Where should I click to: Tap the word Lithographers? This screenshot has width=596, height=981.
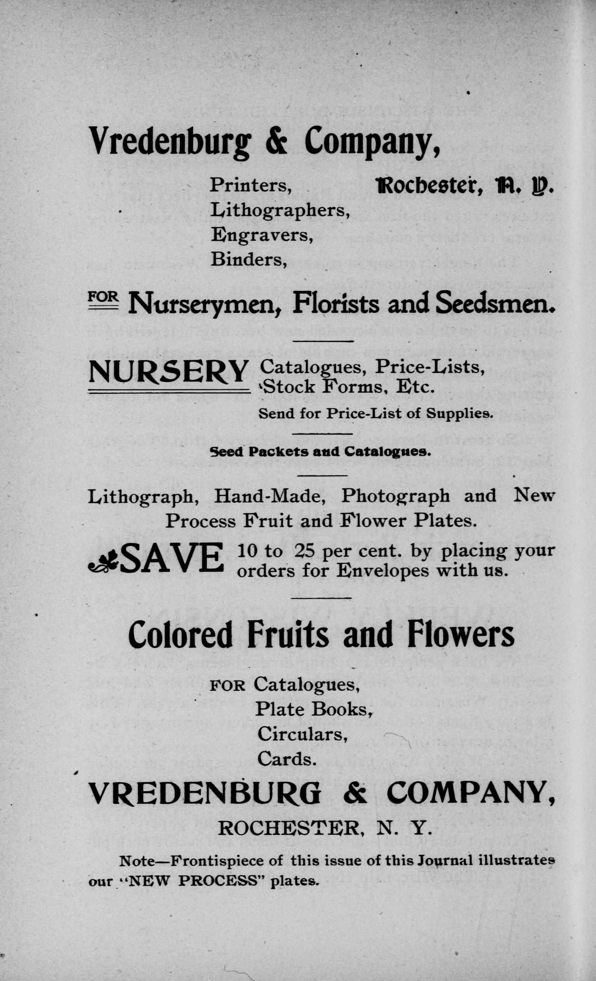[x=280, y=210]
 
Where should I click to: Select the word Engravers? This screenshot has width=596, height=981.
[x=262, y=235]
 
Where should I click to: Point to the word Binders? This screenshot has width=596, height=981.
[x=249, y=260]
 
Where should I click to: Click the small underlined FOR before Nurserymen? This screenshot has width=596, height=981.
[x=103, y=297]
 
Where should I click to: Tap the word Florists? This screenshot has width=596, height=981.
[x=336, y=304]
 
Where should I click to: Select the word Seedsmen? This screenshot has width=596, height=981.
[x=495, y=304]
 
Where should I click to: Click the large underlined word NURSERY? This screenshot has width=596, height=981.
[x=169, y=372]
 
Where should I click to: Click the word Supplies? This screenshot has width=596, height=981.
[x=460, y=414]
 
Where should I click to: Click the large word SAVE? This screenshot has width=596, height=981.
[x=172, y=558]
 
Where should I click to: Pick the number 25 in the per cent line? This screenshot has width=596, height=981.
[x=305, y=551]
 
